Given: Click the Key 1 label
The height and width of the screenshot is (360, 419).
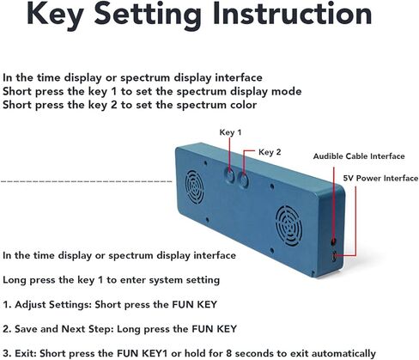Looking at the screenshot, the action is (230, 132).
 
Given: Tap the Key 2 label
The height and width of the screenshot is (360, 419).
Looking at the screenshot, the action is (270, 152).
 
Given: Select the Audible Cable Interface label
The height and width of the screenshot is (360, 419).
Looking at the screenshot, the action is (359, 156).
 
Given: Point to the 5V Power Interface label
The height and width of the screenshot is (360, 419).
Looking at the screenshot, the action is (380, 179).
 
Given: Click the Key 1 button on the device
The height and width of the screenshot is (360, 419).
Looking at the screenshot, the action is (229, 176).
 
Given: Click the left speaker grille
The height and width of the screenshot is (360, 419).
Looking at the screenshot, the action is (195, 187).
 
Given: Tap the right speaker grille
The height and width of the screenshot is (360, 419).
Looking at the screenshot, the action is (288, 225).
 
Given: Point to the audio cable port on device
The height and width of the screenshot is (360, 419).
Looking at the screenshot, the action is (333, 242).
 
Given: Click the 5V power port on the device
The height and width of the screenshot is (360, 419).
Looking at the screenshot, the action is (334, 257).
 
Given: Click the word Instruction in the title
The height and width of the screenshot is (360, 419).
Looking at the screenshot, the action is (292, 14).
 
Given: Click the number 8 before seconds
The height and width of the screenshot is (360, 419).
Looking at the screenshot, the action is (228, 353).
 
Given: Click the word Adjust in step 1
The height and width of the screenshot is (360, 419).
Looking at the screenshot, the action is (31, 305).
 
